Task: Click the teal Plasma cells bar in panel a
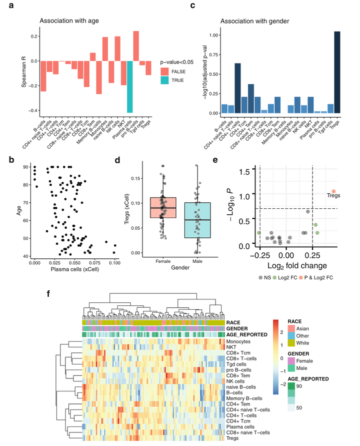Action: pos(129,87)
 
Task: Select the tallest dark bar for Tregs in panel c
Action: pos(337,72)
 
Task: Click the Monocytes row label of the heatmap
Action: pos(239,341)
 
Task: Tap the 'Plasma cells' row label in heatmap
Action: pos(242,425)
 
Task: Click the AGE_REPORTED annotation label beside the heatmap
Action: pos(248,334)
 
